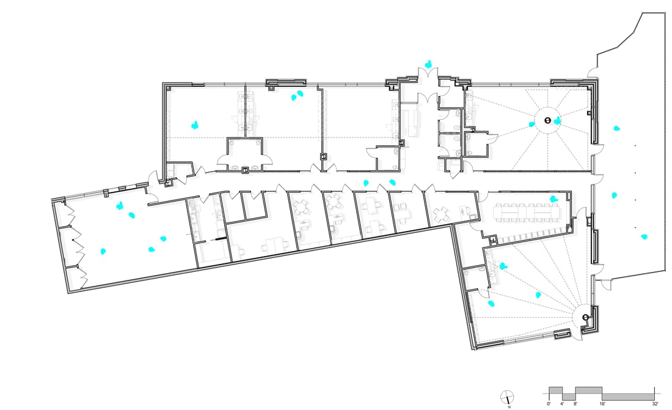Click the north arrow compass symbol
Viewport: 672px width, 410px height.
pyautogui.click(x=507, y=396)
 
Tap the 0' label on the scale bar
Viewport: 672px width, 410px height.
pyautogui.click(x=549, y=404)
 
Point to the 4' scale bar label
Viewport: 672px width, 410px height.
pyautogui.click(x=562, y=404)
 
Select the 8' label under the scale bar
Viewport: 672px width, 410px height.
pyautogui.click(x=575, y=404)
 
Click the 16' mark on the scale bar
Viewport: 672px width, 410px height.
pyautogui.click(x=602, y=404)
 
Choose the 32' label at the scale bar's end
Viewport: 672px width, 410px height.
pyautogui.click(x=654, y=404)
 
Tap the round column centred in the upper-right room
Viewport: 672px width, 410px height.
pyautogui.click(x=547, y=120)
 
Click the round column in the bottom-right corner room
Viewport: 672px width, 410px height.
pyautogui.click(x=585, y=317)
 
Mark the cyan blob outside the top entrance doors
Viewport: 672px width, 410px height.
pyautogui.click(x=429, y=63)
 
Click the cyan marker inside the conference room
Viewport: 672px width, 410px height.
pyautogui.click(x=553, y=199)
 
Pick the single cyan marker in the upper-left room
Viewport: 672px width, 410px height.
pyautogui.click(x=195, y=125)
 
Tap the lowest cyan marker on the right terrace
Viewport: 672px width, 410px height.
pyautogui.click(x=643, y=236)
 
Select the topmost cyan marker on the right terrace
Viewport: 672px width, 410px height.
pyautogui.click(x=616, y=128)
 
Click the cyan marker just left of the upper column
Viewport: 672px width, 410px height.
pyautogui.click(x=532, y=124)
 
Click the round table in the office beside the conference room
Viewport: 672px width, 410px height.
pyautogui.click(x=440, y=214)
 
